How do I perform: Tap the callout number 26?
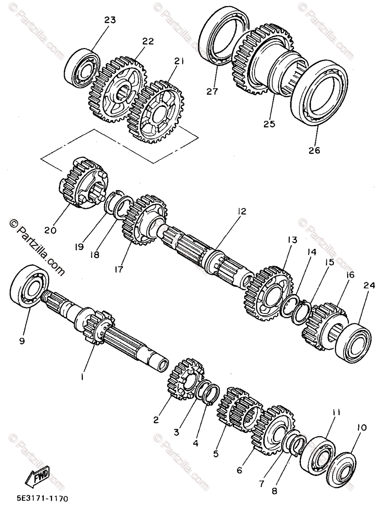pyautogui.click(x=315, y=150)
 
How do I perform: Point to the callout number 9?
pyautogui.click(x=21, y=341)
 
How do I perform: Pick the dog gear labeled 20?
pyautogui.click(x=82, y=183)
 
